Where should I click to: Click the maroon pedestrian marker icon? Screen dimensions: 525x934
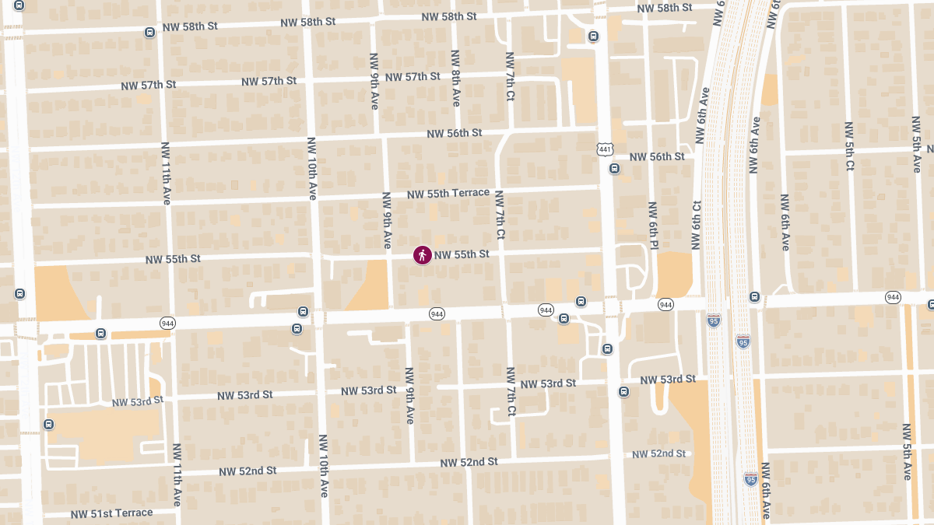pos(423,254)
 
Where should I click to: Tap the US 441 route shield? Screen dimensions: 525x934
pos(605,149)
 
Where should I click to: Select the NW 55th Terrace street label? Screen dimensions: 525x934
pos(448,193)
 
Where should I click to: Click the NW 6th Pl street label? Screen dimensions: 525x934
pos(653,226)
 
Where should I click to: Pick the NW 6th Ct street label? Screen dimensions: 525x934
pos(697,226)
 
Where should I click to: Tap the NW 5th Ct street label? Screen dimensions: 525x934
pos(849,145)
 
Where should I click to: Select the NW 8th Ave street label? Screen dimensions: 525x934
pos(456,78)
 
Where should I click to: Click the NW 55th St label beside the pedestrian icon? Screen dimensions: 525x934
pos(462,254)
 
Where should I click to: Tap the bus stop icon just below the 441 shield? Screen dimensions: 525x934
pos(615,168)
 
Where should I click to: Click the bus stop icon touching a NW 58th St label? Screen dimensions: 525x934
pos(149,32)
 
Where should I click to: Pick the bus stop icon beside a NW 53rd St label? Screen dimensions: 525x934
pos(623,391)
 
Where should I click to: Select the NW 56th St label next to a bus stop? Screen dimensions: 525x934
pos(656,157)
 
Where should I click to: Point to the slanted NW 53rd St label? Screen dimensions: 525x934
pos(138,401)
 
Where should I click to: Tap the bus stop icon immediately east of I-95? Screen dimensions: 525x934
pos(754,296)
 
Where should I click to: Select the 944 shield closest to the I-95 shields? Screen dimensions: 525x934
pos(665,304)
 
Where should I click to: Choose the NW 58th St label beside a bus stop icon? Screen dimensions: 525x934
pos(190,26)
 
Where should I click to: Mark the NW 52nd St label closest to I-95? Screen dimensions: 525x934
pos(659,453)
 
